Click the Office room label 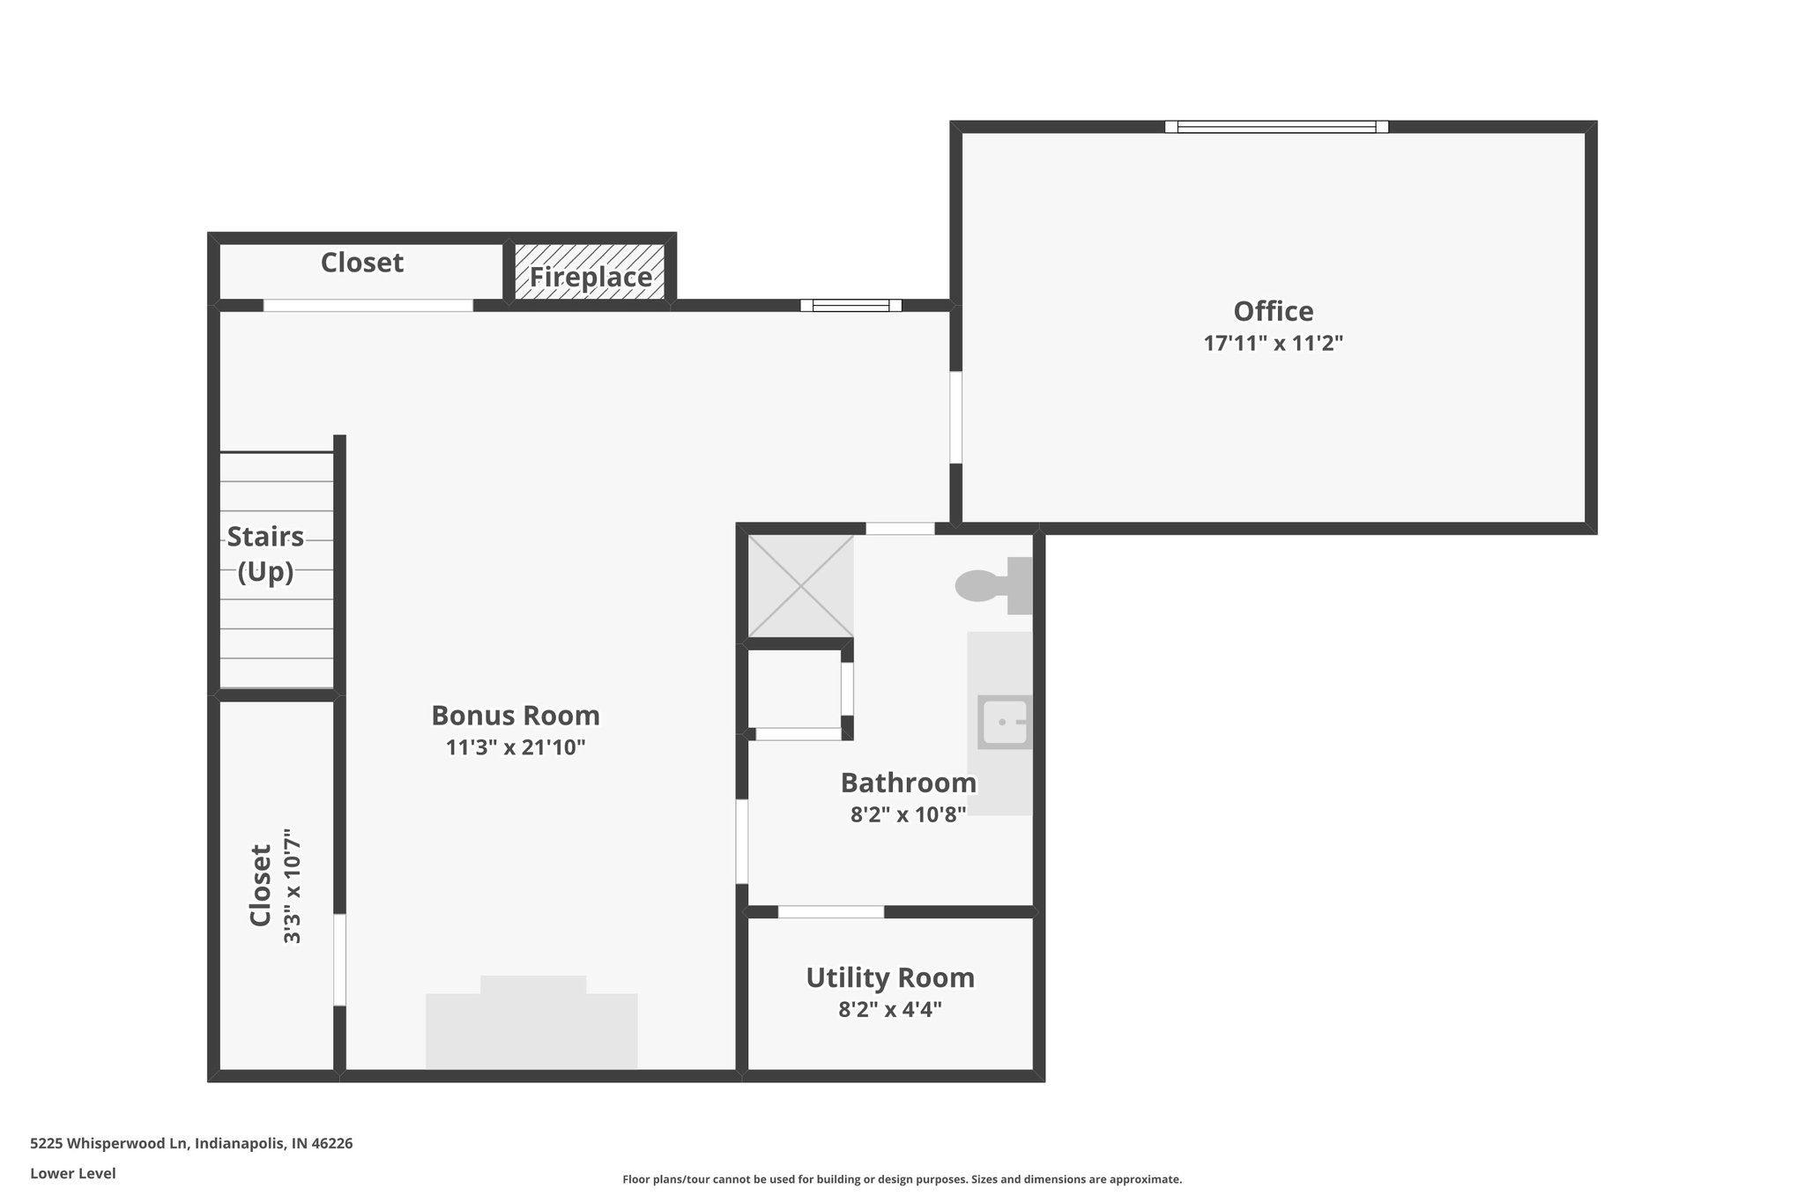click(1273, 311)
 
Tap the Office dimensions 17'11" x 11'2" click(1273, 343)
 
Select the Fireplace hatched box click(590, 271)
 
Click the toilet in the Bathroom click(994, 585)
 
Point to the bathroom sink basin click(1006, 722)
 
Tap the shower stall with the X click(800, 585)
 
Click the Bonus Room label click(516, 715)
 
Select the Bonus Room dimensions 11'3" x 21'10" click(516, 747)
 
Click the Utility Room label click(890, 977)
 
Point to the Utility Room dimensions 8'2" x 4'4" click(890, 1009)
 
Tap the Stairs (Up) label click(265, 554)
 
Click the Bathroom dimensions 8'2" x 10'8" click(908, 813)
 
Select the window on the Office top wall click(1276, 127)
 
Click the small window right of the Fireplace click(851, 306)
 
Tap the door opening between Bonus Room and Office click(955, 417)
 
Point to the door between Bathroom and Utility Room click(831, 911)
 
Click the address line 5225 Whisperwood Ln click(191, 1143)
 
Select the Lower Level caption click(73, 1173)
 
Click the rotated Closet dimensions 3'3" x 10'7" click(293, 886)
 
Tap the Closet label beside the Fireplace click(362, 263)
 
